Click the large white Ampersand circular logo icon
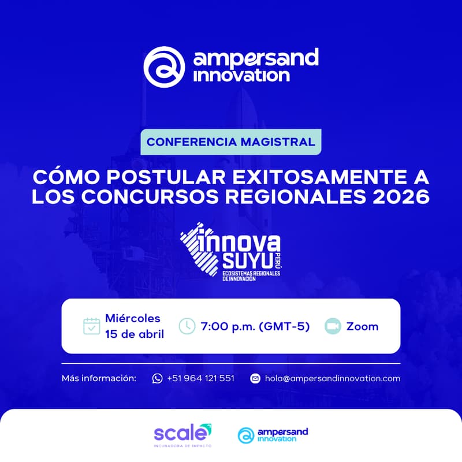164,66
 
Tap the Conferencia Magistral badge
231,142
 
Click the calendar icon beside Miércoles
92,326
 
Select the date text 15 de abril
134,334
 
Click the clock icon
187,326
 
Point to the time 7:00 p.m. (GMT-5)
255,326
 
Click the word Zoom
362,326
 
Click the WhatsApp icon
157,378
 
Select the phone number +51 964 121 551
200,378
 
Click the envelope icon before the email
255,378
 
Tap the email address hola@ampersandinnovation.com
332,378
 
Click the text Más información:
99,378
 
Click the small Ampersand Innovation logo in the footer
273,435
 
